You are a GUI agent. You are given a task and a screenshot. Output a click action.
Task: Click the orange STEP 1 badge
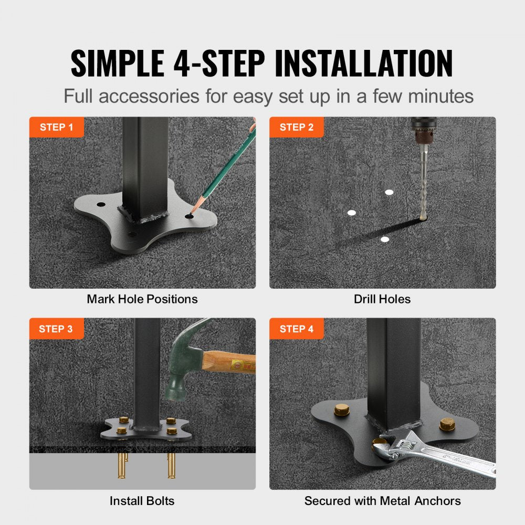point(56,127)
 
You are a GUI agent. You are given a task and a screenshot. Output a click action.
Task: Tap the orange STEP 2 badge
point(296,127)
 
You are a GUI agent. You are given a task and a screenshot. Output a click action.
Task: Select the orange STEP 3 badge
point(56,329)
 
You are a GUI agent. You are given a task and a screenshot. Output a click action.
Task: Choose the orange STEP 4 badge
point(296,329)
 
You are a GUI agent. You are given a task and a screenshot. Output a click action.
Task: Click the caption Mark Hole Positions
point(142,299)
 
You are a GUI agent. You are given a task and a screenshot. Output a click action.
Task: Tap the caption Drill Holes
point(382,299)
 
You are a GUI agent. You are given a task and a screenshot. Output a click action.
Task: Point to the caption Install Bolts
point(142,501)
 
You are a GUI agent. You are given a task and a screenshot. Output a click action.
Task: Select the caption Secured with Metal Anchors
point(382,501)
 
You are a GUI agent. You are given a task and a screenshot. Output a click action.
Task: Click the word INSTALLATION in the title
point(363,64)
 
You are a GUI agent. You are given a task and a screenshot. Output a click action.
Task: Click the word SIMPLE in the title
point(117,64)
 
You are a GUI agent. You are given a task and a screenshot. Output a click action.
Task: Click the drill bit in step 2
point(423,184)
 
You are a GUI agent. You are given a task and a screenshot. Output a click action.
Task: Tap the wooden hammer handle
point(228,362)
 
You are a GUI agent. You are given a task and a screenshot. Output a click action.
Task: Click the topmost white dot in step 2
point(388,192)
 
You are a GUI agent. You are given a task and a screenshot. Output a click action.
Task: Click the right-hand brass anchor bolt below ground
point(171,465)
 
